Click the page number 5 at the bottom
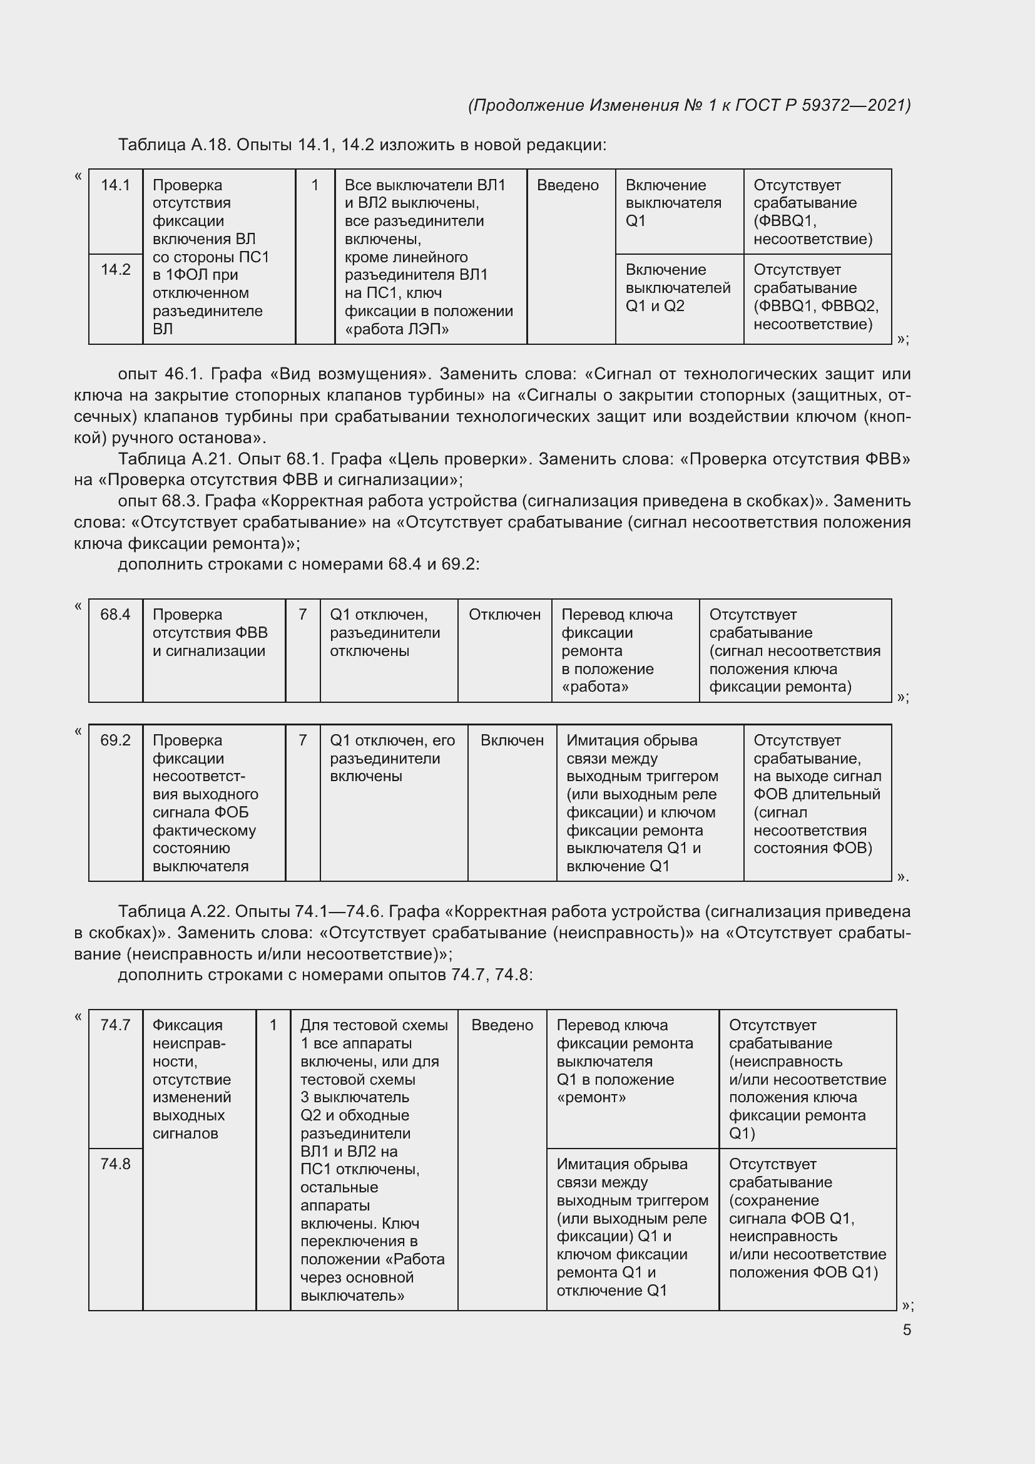[906, 1329]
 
